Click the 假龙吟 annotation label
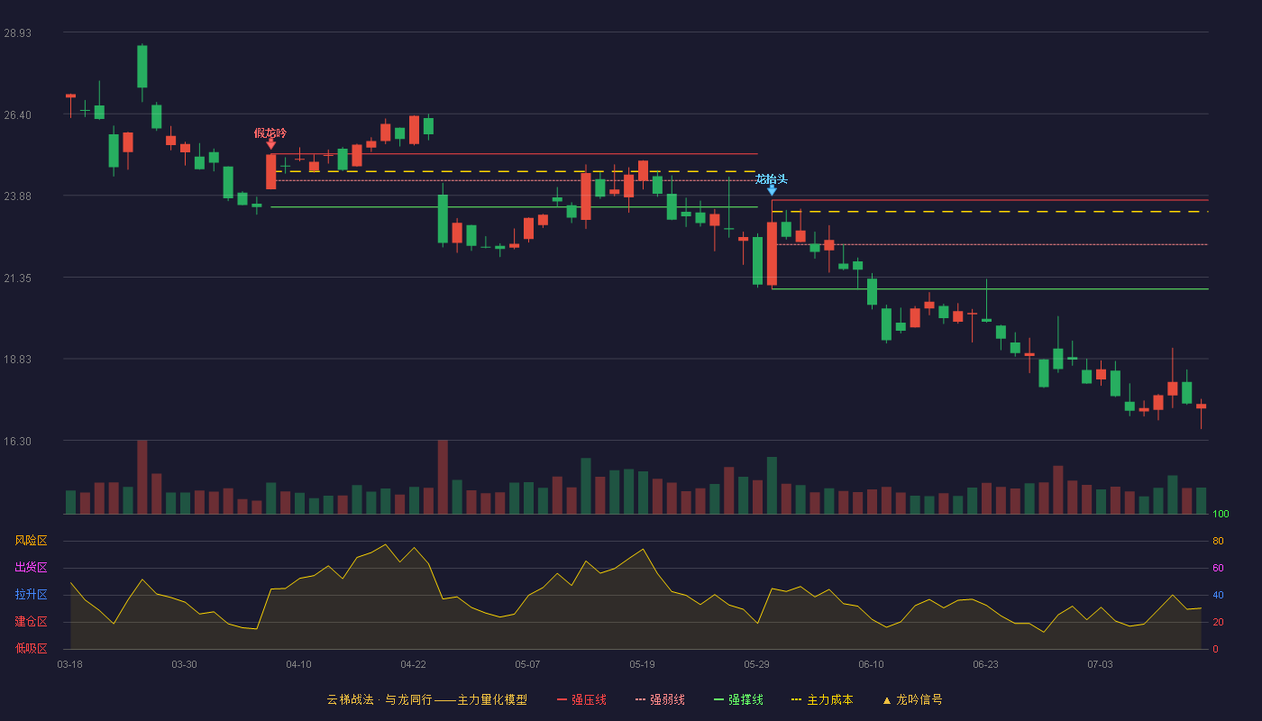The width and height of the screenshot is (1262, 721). click(270, 133)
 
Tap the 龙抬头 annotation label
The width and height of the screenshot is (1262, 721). click(772, 179)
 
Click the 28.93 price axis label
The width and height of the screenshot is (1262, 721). click(17, 33)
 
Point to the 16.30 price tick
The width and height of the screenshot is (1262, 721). click(17, 442)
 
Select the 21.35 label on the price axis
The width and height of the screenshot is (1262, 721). click(17, 278)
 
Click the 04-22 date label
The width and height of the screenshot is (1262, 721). click(413, 665)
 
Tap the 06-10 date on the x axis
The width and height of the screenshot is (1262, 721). click(871, 665)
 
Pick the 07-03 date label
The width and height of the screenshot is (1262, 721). click(1100, 665)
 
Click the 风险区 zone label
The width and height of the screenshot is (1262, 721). click(31, 541)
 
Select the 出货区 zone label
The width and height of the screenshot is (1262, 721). click(31, 567)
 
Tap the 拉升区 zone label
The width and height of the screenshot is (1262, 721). click(31, 594)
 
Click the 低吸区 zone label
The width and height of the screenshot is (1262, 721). click(31, 648)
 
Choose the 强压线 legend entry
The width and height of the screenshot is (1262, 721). click(581, 699)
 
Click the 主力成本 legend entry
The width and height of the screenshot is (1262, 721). click(822, 699)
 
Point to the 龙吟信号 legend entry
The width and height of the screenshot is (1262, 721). click(912, 699)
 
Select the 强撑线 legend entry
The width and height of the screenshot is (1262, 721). click(738, 699)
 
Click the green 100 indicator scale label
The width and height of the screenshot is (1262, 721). click(1221, 514)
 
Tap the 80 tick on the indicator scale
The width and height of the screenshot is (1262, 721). click(1218, 541)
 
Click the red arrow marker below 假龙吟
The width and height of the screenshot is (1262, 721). click(271, 144)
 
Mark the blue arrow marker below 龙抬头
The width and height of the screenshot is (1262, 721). click(772, 190)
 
